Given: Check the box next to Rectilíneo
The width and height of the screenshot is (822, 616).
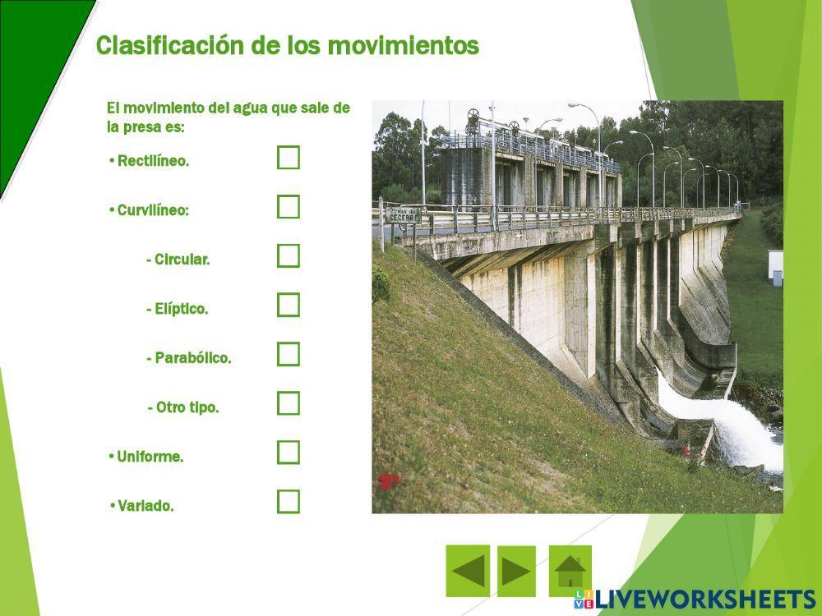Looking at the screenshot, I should (289, 158).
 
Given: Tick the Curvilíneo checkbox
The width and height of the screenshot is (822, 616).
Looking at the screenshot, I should (289, 207).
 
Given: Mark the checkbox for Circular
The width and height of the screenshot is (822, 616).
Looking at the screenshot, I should (289, 256).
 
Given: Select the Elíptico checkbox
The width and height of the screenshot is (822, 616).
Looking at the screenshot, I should (289, 306).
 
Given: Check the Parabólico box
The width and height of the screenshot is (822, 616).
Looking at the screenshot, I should (289, 355).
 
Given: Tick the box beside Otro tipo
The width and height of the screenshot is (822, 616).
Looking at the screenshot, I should (289, 403).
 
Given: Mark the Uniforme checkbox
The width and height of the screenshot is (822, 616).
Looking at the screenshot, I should (289, 453).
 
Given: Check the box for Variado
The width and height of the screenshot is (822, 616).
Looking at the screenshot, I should (289, 502).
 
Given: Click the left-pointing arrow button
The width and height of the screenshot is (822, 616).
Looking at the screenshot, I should (468, 571).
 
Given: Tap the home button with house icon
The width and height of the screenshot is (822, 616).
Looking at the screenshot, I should (570, 571).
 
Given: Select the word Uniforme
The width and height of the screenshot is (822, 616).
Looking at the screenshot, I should (150, 457).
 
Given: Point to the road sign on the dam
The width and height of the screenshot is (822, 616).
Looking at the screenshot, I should (404, 215).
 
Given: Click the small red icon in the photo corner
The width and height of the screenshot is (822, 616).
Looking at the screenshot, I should (388, 481).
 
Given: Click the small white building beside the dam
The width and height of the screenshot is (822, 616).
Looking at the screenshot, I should (775, 265).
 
